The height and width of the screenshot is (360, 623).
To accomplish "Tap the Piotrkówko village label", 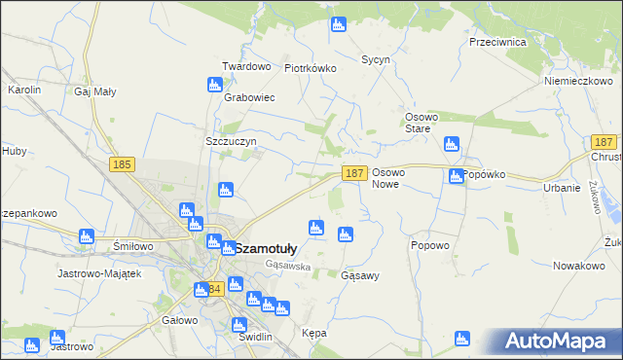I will click(310, 68).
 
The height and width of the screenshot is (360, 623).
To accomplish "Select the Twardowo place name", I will click(245, 66).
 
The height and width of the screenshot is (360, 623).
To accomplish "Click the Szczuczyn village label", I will click(231, 141).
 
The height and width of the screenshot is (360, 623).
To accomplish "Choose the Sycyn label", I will click(376, 59).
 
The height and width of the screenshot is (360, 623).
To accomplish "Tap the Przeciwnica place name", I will click(497, 42).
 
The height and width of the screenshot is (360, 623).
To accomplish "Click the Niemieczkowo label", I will click(577, 81).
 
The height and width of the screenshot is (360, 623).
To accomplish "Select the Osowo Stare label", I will click(423, 123).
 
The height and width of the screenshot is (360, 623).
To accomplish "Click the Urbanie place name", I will click(562, 188).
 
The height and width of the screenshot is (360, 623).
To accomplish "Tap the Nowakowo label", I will click(579, 265).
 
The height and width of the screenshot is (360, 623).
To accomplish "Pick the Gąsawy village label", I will click(360, 275).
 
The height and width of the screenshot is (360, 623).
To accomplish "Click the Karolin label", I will click(23, 90).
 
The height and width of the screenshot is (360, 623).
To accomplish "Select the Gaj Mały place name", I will click(94, 91).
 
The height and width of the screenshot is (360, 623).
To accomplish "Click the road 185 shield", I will click(122, 165).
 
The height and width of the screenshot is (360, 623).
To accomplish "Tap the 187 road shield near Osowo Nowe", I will click(354, 173).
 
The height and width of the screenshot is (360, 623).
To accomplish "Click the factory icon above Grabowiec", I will click(216, 85).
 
